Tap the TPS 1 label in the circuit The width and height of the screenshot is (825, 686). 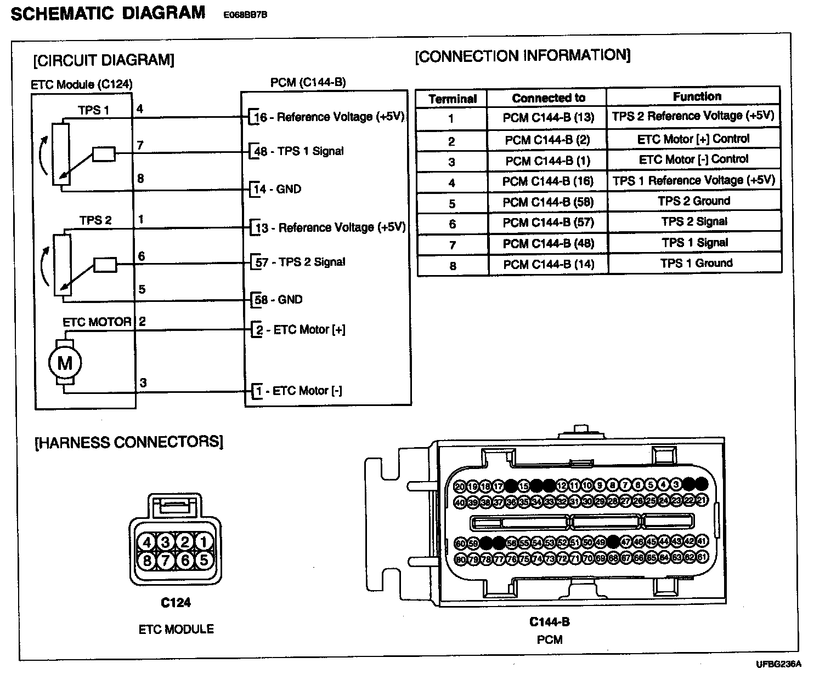pos(94,110)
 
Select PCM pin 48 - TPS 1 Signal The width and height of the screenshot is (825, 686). pos(300,151)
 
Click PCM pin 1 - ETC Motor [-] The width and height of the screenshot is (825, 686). pos(299,391)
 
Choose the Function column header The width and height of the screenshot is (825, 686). pos(697,96)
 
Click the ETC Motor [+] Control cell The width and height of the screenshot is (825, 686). pos(693,139)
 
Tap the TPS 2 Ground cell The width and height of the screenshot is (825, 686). pos(694,201)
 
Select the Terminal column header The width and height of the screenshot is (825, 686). pos(453,99)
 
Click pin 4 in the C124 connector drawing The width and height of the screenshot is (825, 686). pos(147,542)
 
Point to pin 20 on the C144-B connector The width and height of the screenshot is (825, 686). pos(460,486)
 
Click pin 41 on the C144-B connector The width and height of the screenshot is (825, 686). pos(702,542)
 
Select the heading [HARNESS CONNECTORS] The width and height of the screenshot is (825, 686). pos(129,442)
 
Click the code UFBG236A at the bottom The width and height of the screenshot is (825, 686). pos(778,664)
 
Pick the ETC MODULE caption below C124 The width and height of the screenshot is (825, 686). pos(176,629)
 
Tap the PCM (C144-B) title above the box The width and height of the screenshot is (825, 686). pos(308,83)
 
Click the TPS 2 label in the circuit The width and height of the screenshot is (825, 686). pos(95,220)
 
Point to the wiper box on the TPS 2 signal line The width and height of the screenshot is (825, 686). pos(105,265)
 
